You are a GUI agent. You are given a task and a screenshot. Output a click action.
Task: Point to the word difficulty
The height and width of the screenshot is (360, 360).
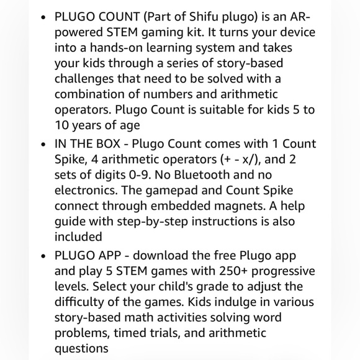(78, 302)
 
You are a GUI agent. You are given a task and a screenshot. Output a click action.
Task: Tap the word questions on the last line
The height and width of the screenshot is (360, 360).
(81, 349)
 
